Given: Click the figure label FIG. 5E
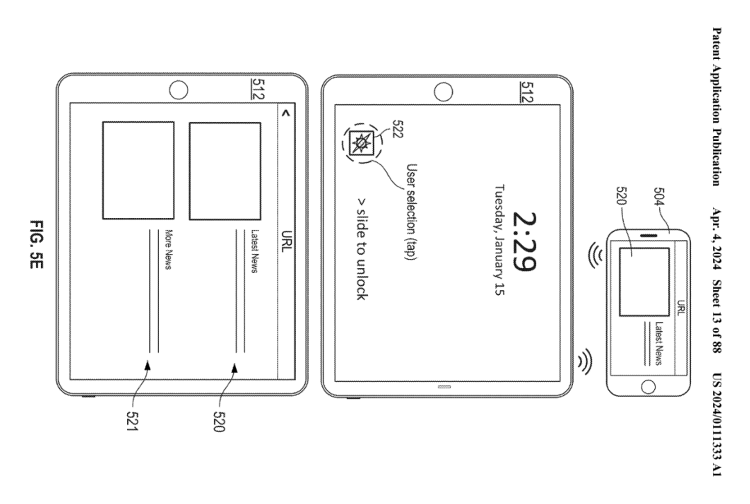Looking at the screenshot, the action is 37,251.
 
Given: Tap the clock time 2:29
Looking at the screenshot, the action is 524,242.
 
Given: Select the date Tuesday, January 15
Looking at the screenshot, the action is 500,240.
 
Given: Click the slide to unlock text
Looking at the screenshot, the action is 362,249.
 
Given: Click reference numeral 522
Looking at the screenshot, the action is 397,128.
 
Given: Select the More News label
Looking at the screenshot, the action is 168,249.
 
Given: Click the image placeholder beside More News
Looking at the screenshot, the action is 138,170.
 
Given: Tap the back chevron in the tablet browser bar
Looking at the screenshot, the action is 286,113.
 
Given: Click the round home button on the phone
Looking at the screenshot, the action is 648,386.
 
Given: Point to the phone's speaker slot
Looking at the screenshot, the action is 649,236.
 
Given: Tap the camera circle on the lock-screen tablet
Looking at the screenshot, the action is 443,92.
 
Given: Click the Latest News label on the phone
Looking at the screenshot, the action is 659,343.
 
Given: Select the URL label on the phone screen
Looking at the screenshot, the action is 681,308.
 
